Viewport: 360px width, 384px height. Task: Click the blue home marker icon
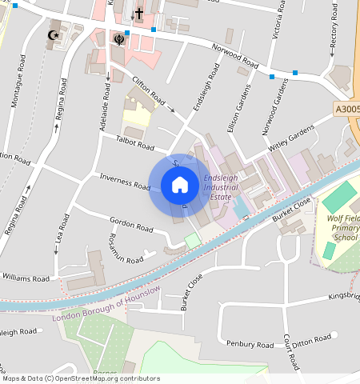[180, 186]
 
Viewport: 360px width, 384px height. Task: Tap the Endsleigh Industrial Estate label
[220, 186]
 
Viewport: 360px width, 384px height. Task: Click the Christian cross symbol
[138, 14]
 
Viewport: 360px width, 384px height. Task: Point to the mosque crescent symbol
[54, 36]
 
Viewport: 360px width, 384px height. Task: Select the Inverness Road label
[124, 182]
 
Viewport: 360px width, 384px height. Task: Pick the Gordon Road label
[130, 226]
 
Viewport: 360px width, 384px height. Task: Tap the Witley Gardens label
[290, 137]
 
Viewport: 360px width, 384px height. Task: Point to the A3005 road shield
[346, 109]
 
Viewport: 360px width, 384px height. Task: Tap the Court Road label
[290, 351]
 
